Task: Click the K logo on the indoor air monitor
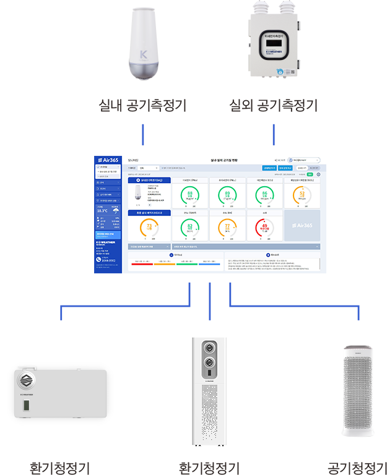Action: (144, 53)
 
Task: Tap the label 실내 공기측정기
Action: (143, 106)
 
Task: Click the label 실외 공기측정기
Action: (273, 106)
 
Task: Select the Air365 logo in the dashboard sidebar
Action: (107, 160)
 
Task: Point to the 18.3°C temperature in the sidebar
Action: (102, 210)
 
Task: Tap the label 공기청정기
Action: (357, 466)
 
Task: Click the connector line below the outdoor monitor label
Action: (274, 135)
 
